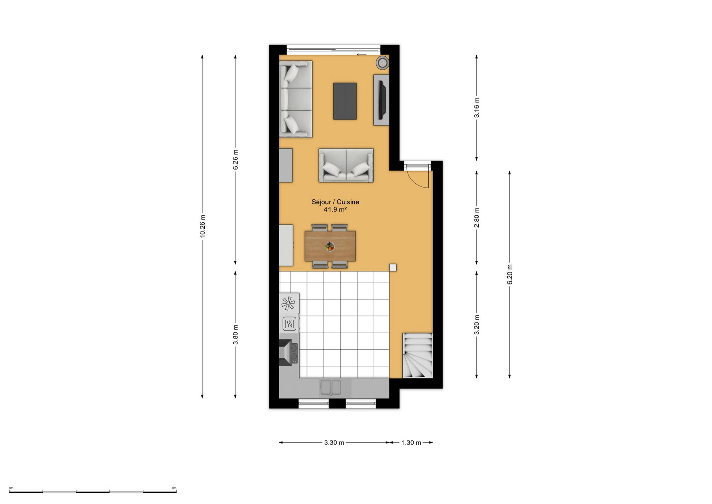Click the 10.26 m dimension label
point(203,226)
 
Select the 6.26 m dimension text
point(235,160)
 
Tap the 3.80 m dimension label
point(235,335)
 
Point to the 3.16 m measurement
point(477,108)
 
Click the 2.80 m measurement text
point(477,217)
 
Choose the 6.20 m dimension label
point(510,274)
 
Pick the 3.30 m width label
point(334,443)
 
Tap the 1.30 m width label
point(411,443)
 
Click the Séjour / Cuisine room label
point(335,202)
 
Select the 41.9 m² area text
point(335,210)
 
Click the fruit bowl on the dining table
point(330,246)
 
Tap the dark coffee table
point(345,101)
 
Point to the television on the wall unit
point(382,100)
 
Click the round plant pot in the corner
point(382,63)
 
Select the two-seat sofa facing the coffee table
point(346,165)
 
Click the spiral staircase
point(417,355)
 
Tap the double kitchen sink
point(331,388)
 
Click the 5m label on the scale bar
point(174,488)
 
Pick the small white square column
point(393,268)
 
